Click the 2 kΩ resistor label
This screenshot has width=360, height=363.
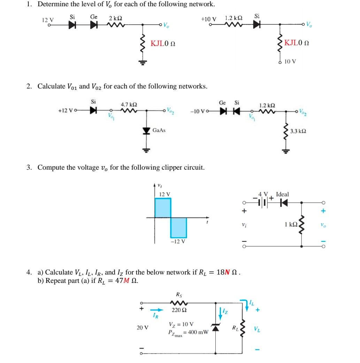[115, 18]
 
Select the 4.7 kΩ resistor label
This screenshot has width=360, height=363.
[129, 104]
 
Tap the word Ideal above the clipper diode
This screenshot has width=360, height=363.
[282, 194]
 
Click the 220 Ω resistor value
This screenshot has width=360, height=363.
[178, 310]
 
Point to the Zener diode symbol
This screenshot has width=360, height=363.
[216, 327]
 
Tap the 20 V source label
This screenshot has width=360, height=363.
[142, 327]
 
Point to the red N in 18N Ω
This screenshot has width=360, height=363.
[229, 272]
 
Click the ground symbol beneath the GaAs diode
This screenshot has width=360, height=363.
[146, 150]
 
